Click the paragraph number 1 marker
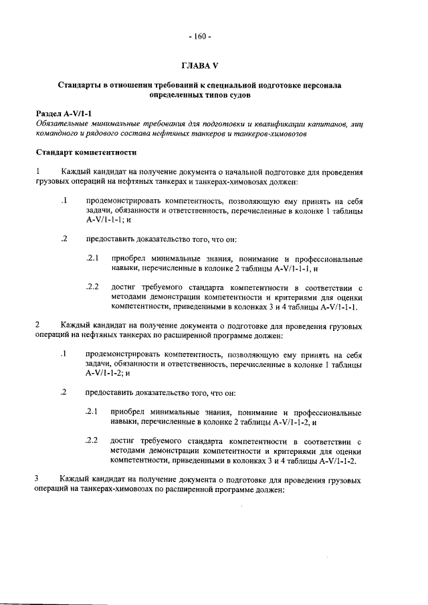click(x=39, y=172)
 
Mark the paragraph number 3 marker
click(x=39, y=479)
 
